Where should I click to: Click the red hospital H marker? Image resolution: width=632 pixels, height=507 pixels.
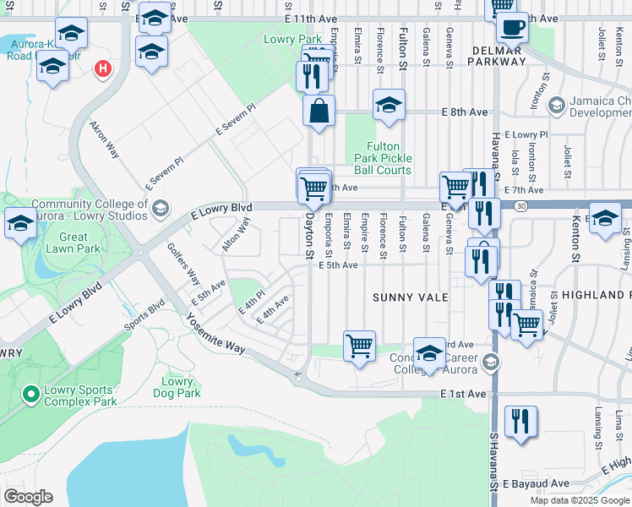pos(103,68)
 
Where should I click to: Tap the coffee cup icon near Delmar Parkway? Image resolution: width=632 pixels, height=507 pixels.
pos(511,27)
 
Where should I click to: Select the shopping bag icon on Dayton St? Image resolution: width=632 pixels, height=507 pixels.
pos(319,112)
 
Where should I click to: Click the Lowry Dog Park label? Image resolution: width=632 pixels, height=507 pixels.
pos(177,387)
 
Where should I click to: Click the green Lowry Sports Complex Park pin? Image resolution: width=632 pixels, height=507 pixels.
pos(31,394)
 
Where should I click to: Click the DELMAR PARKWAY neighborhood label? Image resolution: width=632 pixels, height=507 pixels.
pos(494,55)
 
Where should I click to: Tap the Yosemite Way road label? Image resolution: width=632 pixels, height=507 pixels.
pos(215,335)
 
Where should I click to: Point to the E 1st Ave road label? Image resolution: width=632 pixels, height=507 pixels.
pos(464,395)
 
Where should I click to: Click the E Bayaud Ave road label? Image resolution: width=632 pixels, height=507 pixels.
pos(536,484)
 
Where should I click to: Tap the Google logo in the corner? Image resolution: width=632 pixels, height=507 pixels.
pos(28,497)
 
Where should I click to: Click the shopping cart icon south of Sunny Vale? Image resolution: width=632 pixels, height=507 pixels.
pos(360,346)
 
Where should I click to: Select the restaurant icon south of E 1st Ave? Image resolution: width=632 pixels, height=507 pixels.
pos(520,422)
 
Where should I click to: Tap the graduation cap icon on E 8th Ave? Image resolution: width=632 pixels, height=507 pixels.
pos(389,106)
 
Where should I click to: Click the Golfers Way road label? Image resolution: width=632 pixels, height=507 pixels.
pos(183,264)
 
